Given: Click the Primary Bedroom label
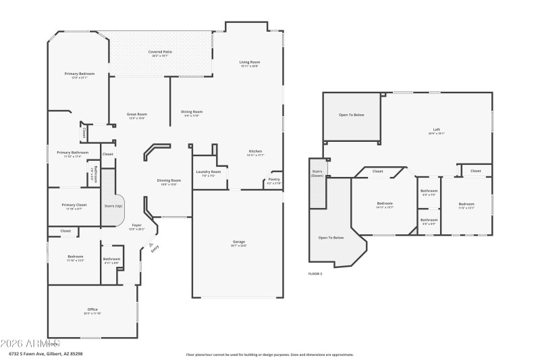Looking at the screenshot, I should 80,74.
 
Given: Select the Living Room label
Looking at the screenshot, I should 249,62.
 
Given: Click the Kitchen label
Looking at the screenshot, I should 255,151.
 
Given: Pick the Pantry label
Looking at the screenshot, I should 274,180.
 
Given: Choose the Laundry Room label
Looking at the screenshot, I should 208,172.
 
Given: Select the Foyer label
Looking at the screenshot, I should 136,226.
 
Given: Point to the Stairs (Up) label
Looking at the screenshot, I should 113,205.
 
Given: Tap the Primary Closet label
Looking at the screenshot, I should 74,205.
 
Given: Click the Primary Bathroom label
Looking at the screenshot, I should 72,153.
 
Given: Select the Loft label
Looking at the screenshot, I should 436,130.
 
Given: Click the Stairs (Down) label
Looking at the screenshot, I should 317,174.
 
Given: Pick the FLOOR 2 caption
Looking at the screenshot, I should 315,274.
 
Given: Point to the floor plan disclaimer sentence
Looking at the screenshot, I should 269,354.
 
